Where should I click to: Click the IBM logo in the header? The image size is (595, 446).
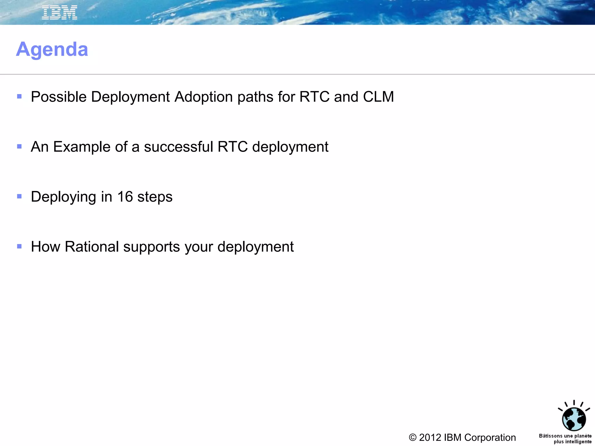[x=59, y=13]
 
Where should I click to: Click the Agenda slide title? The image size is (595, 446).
[x=52, y=49]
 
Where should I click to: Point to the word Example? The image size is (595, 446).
[x=82, y=147]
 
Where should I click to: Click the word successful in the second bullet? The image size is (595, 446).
[x=178, y=147]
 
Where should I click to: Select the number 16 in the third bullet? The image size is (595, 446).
[x=125, y=197]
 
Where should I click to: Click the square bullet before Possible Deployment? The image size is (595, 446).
[x=19, y=97]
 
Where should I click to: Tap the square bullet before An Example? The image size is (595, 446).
[x=19, y=147]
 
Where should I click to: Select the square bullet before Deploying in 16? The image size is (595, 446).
[x=19, y=197]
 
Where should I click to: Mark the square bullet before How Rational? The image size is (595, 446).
[x=19, y=247]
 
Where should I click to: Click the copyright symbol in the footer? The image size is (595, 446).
[x=413, y=438]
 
